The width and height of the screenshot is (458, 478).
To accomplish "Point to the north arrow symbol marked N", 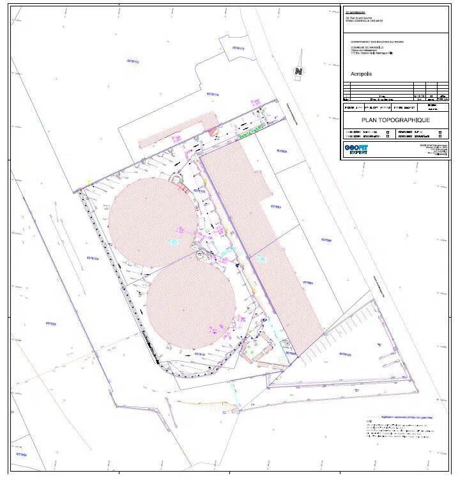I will (298, 73).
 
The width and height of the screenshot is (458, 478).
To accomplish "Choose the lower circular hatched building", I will (190, 304).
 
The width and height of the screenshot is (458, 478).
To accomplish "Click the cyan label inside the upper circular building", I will (171, 242).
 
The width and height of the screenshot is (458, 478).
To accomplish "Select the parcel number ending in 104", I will (91, 259).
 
